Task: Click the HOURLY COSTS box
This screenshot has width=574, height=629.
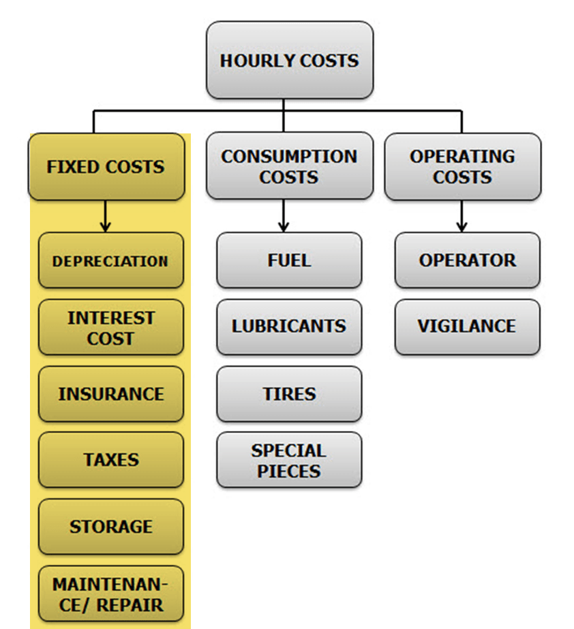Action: pos(290,60)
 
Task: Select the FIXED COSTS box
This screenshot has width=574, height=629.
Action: pos(106,167)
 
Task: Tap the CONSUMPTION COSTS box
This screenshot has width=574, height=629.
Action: pos(289,166)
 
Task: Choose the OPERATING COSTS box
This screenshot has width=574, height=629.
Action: pos(462,166)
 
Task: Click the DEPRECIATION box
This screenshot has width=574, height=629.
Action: pos(110,261)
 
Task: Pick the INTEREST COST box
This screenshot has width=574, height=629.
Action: pos(110,327)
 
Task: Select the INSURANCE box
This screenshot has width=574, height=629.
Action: pos(110,394)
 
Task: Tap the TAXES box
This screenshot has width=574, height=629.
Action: pos(110,459)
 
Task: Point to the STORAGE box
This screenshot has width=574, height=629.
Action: pos(110,526)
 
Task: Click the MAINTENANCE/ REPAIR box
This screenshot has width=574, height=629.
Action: pos(110,594)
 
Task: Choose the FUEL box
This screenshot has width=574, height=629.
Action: pos(289,260)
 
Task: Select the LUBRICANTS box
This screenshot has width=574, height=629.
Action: pos(289,326)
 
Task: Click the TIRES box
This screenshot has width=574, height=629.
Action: pos(289,393)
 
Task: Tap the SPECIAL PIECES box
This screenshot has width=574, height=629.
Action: pos(289,459)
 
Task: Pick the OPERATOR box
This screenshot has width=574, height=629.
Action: pos(467,260)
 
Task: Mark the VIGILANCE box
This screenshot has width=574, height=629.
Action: pos(467,326)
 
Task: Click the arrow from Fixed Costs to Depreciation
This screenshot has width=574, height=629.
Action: pos(105,216)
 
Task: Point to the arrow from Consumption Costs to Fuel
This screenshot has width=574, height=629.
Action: pos(284,216)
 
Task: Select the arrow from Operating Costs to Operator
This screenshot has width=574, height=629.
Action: pos(462,216)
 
